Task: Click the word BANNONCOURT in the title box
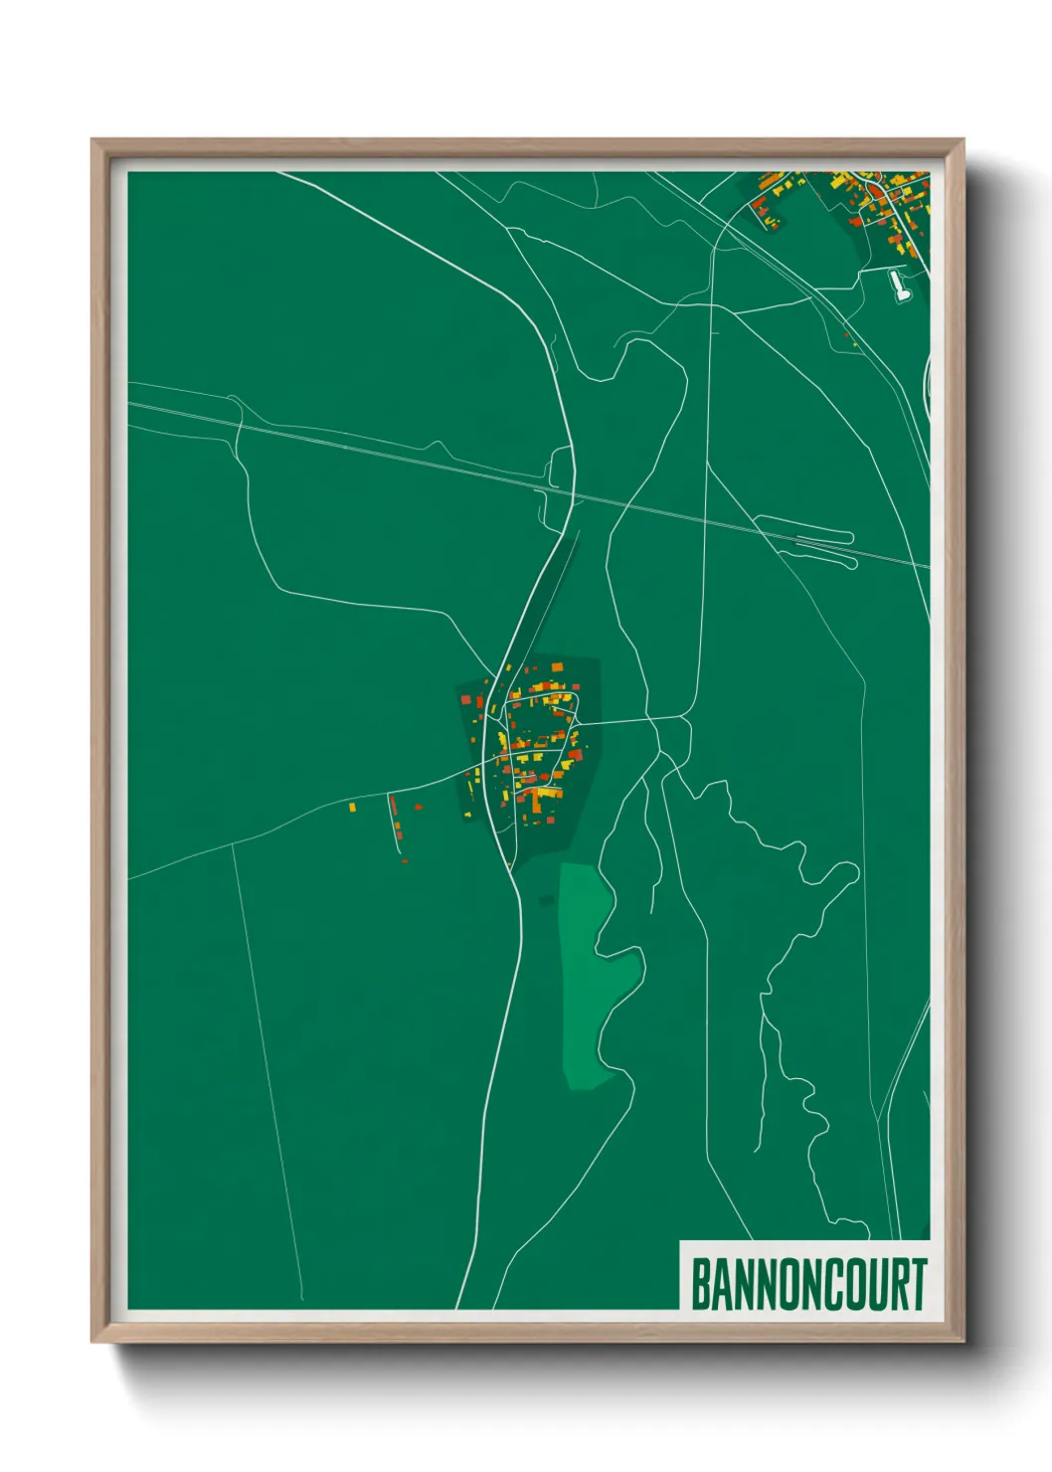click(x=807, y=1284)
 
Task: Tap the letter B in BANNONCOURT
click(x=700, y=1284)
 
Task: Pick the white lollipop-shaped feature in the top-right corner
click(x=900, y=286)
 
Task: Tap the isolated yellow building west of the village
click(x=352, y=807)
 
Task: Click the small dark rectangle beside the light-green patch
click(x=546, y=901)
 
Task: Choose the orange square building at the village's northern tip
click(x=557, y=666)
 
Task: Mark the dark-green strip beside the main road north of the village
click(x=553, y=597)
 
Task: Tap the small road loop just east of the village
click(x=676, y=736)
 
